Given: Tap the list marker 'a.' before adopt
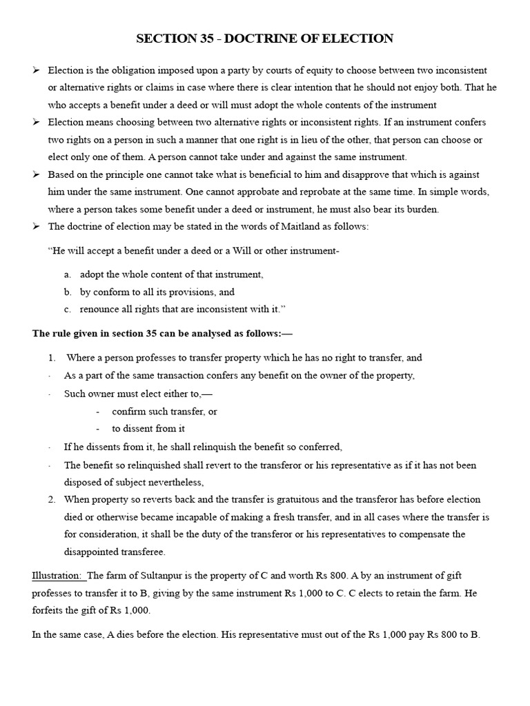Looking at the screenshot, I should click(68, 274).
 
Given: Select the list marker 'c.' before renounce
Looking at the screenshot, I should click(68, 309).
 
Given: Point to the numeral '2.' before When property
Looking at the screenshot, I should click(52, 499).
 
